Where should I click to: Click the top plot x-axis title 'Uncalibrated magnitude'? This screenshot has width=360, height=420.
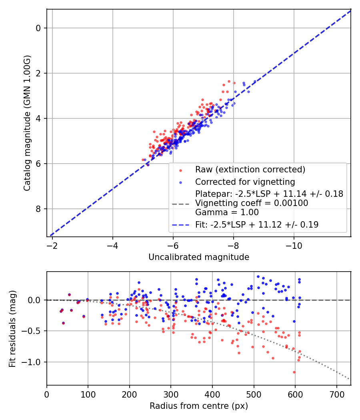point(199,257)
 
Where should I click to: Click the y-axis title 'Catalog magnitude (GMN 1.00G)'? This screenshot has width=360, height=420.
point(27,123)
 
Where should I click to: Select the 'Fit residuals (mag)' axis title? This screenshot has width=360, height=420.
point(12,328)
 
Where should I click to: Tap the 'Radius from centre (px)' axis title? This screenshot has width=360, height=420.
point(199,406)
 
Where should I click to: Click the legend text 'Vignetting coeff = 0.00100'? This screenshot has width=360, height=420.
point(252,203)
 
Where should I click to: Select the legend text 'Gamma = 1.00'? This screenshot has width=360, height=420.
point(227,212)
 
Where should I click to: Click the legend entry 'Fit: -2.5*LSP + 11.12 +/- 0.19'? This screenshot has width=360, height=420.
point(257,225)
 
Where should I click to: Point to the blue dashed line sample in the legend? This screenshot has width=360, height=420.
point(180,225)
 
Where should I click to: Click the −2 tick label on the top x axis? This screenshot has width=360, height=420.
point(52,245)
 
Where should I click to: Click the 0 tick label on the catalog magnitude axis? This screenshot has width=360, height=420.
point(38,28)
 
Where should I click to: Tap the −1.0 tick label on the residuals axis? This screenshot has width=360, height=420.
point(34,362)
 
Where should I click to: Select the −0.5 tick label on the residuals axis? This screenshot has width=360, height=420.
point(34,331)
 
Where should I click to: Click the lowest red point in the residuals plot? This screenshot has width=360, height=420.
point(294,372)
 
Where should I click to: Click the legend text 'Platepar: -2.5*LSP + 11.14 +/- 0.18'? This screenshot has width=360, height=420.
point(269,194)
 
